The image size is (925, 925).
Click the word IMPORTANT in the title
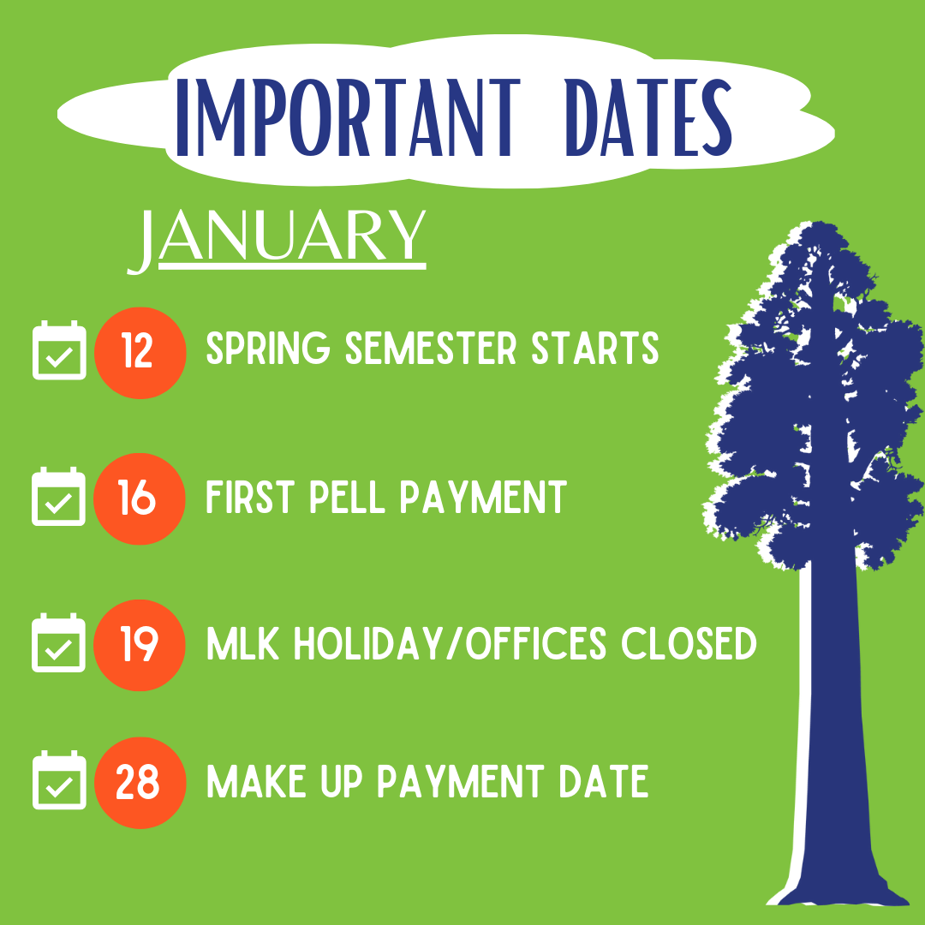(x=348, y=118)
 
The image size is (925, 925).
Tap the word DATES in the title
(x=648, y=118)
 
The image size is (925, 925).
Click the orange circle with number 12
(x=140, y=353)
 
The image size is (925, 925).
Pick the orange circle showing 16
(x=140, y=498)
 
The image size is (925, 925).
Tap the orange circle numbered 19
(x=140, y=645)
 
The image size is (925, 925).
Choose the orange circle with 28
(x=140, y=783)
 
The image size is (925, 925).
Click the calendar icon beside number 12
(x=59, y=350)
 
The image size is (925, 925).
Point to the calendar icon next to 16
(x=58, y=496)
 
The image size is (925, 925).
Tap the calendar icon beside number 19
(x=58, y=642)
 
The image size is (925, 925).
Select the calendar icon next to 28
(x=59, y=780)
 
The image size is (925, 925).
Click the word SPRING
(x=268, y=348)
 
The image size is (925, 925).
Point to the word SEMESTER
(x=431, y=348)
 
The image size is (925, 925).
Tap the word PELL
(x=348, y=497)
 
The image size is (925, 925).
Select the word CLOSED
(x=689, y=643)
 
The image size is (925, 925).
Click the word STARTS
(x=595, y=348)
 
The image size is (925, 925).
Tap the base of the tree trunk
(x=838, y=893)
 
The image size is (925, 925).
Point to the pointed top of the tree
(x=818, y=224)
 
